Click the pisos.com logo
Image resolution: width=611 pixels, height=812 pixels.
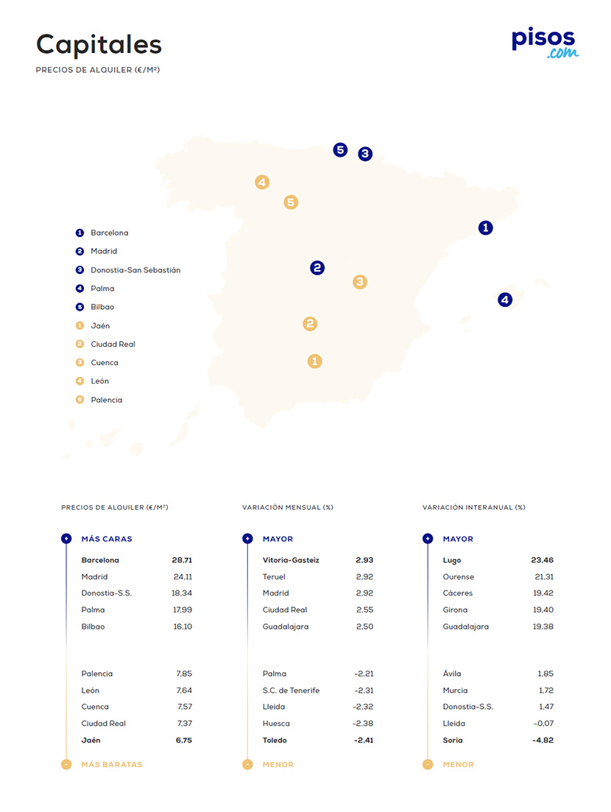pyautogui.click(x=545, y=42)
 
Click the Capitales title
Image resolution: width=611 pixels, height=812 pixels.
pyautogui.click(x=99, y=44)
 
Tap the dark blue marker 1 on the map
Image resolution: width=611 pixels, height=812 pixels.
pyautogui.click(x=485, y=227)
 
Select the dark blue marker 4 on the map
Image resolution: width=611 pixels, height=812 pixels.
pyautogui.click(x=504, y=300)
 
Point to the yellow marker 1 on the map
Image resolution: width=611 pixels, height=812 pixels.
pyautogui.click(x=314, y=361)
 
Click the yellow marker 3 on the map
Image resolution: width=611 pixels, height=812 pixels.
pyautogui.click(x=359, y=281)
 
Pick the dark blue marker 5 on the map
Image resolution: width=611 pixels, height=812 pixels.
pyautogui.click(x=339, y=149)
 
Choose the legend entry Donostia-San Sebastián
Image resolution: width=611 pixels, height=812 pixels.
pyautogui.click(x=135, y=270)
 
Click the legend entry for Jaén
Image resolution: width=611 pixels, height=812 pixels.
pyautogui.click(x=100, y=325)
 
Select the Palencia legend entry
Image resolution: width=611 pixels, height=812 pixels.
pyautogui.click(x=107, y=400)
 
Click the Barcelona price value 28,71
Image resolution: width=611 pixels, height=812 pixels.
pyautogui.click(x=179, y=560)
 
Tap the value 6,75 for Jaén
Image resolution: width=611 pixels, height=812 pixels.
pyautogui.click(x=183, y=741)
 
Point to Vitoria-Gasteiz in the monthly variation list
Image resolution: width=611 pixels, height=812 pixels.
pyautogui.click(x=291, y=560)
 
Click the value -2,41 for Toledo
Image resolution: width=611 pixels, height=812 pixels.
pyautogui.click(x=363, y=741)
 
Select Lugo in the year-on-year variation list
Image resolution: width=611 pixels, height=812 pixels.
pyautogui.click(x=452, y=560)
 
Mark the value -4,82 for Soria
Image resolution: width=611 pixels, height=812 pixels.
pyautogui.click(x=543, y=741)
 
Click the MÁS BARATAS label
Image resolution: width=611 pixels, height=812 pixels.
pyautogui.click(x=112, y=764)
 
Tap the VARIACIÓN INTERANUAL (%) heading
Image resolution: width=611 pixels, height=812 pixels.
pyautogui.click(x=473, y=507)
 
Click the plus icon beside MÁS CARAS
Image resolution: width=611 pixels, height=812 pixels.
pyautogui.click(x=66, y=539)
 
